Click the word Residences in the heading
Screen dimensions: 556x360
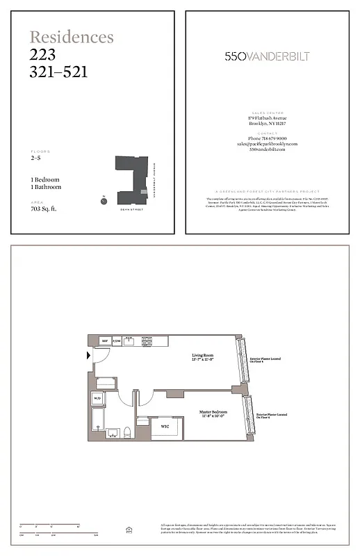[71, 37]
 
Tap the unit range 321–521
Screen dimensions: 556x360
[58, 71]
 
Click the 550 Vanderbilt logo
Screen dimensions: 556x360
[267, 56]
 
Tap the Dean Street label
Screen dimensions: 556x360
[131, 209]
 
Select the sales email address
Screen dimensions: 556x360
[267, 144]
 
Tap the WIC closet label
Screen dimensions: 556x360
[165, 425]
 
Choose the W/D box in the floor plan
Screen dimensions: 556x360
[97, 398]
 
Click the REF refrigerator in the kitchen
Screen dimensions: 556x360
[105, 341]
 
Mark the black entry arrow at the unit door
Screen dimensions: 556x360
[87, 356]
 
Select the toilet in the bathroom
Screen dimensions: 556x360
[128, 432]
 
